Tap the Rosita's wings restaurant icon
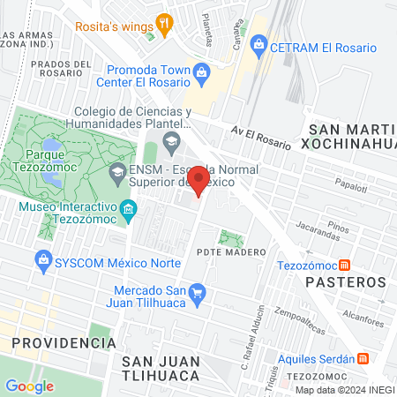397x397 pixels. click(163, 24)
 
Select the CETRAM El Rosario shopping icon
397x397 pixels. click(258, 43)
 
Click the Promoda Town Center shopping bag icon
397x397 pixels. click(201, 71)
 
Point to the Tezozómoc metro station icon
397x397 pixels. click(345, 265)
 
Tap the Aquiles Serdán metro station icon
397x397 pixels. click(363, 358)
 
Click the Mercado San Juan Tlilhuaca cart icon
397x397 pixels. click(198, 292)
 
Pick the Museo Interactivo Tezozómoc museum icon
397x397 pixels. click(130, 209)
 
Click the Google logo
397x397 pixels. click(29, 386)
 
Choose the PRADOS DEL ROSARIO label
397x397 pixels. click(59, 70)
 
